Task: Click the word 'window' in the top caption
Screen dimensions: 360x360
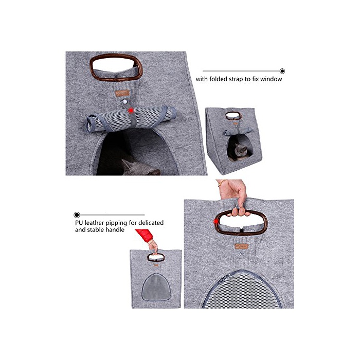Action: pos(271,79)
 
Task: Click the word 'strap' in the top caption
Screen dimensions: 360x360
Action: pos(236,79)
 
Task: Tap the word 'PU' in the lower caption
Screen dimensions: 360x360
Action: pos(79,223)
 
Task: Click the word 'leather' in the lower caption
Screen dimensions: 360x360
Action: pos(94,223)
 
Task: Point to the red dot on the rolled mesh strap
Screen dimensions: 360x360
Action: pos(131,111)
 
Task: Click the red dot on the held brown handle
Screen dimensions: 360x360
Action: pos(216,221)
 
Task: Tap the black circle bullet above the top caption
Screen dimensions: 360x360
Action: pos(282,71)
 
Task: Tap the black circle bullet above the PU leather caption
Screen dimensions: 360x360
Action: pos(77,215)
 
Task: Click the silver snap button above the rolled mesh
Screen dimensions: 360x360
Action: pos(124,101)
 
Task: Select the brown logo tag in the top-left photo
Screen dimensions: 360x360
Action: pos(122,93)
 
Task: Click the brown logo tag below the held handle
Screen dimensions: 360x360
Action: pos(242,246)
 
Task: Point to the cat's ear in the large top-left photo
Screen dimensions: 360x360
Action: pos(126,164)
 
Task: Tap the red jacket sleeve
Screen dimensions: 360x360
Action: pos(145,235)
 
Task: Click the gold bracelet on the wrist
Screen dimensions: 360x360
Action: pos(222,183)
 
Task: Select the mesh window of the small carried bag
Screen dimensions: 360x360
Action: pos(156,287)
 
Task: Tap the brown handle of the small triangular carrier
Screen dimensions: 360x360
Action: pos(233,116)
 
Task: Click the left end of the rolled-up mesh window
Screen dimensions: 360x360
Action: pos(89,123)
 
